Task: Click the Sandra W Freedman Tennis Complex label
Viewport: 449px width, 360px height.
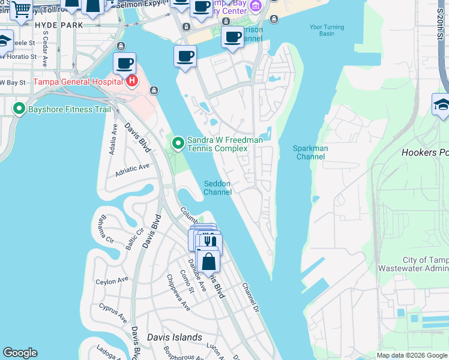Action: [224, 144]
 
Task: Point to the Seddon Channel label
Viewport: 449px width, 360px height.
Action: [217, 188]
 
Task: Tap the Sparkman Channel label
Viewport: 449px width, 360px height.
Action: [310, 152]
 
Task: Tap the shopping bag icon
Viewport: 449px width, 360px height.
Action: [208, 262]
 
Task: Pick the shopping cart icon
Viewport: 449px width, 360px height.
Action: [21, 9]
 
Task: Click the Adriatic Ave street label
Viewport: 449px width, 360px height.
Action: [131, 171]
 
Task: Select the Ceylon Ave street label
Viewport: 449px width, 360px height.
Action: [112, 281]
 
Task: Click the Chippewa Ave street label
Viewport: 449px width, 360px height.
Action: [178, 293]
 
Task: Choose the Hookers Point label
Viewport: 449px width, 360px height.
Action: [424, 152]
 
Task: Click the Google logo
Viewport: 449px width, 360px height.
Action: [20, 353]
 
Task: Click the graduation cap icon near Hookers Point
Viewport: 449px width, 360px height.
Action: [442, 104]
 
